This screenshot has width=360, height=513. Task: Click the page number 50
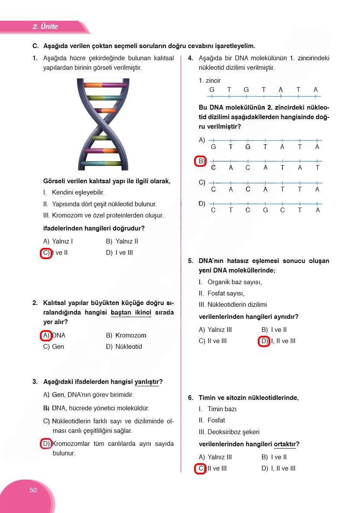[33, 490]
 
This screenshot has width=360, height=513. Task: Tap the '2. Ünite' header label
[45, 27]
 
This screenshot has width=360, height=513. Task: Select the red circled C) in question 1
[45, 253]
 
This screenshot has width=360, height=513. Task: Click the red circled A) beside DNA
[46, 335]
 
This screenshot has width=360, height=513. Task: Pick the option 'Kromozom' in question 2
[131, 335]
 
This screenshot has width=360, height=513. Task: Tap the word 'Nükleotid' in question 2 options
[129, 347]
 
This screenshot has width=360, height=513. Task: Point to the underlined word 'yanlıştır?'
[148, 382]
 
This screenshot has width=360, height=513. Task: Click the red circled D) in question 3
[46, 443]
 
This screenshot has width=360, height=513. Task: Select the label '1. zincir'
[210, 81]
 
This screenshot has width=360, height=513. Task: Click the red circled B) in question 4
[200, 161]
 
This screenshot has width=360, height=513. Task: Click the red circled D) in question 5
[264, 341]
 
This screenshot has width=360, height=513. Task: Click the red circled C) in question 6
[200, 468]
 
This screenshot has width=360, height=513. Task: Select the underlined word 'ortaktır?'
[286, 444]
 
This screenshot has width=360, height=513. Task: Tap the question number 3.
[35, 382]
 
